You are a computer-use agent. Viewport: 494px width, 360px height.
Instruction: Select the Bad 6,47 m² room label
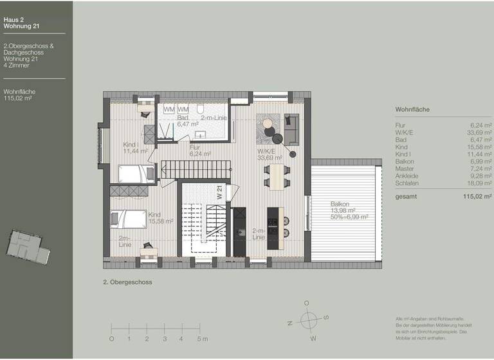[183, 122]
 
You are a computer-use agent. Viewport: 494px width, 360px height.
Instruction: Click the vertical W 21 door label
[219, 193]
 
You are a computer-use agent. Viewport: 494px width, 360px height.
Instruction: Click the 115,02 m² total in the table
[477, 198]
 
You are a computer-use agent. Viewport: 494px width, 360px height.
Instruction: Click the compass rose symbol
[309, 319]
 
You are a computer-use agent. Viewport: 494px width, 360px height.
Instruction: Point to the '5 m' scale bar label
[202, 338]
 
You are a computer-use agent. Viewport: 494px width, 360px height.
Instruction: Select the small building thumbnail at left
[28, 246]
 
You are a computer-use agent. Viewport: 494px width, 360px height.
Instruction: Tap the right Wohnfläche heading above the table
[412, 109]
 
